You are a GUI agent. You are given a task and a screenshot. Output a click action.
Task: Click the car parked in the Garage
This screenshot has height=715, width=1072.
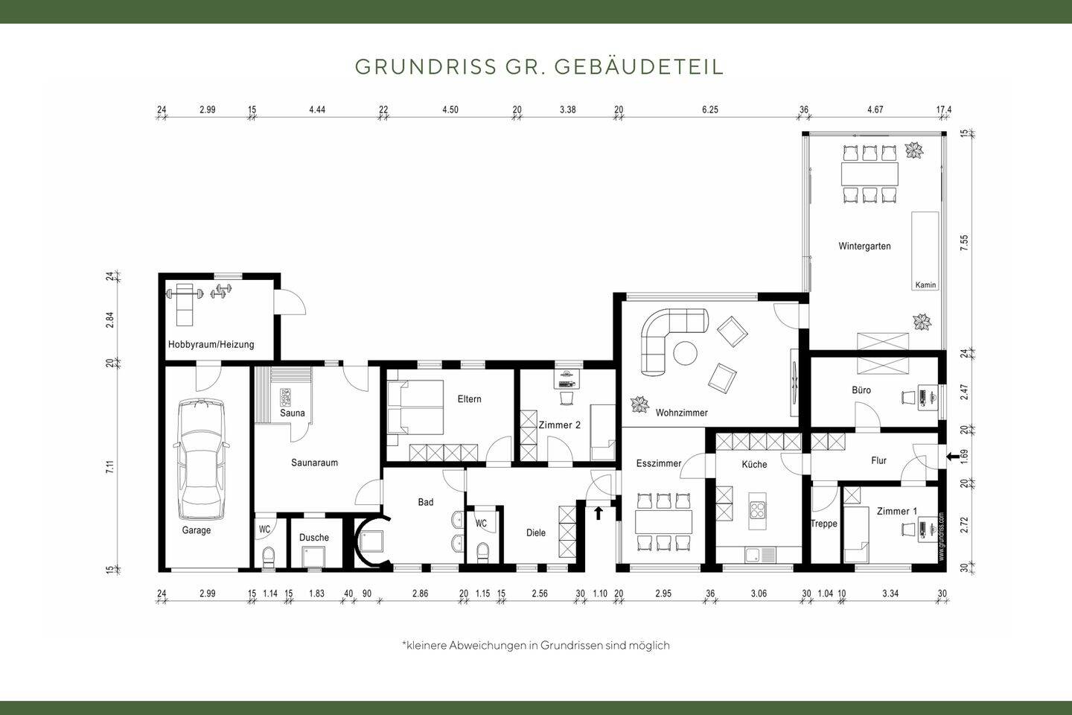[x=200, y=460]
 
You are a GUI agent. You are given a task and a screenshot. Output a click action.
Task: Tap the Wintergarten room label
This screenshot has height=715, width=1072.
[x=864, y=247]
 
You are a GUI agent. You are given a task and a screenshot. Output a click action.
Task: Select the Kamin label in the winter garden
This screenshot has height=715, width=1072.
[x=925, y=285]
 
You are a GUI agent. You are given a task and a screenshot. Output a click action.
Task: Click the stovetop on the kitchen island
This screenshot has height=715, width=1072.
[x=758, y=510]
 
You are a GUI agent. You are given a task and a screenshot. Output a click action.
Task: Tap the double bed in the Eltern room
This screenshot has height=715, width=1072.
[x=415, y=408]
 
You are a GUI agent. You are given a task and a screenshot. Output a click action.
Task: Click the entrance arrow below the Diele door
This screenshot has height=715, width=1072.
[x=599, y=512]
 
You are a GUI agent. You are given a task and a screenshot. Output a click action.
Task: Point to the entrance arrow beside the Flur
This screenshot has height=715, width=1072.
[x=951, y=457]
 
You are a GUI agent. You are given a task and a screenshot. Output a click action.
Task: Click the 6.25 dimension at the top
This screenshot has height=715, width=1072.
[x=709, y=109]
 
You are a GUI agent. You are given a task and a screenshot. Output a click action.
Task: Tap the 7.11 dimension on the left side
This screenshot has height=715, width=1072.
[x=109, y=468]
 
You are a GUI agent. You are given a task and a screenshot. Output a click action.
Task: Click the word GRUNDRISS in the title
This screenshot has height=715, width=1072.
[x=426, y=66]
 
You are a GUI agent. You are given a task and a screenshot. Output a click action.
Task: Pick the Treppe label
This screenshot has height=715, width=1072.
[x=823, y=524]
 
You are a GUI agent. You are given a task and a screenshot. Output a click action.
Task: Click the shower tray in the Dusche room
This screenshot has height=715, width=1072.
[x=313, y=558]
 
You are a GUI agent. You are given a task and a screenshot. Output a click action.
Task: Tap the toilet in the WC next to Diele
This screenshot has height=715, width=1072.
[x=482, y=552]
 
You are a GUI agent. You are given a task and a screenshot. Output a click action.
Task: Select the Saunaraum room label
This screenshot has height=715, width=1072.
[x=314, y=463]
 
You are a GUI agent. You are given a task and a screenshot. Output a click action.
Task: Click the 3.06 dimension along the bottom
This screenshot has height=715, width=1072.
[x=758, y=594]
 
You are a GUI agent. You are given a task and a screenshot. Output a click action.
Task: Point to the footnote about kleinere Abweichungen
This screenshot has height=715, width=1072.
[x=535, y=645]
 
